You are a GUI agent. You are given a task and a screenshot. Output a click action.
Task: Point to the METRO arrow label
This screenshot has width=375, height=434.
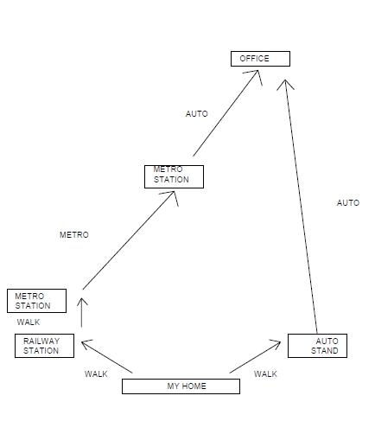[74, 235]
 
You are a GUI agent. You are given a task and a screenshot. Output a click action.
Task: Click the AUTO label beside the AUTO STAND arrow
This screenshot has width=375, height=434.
[348, 203]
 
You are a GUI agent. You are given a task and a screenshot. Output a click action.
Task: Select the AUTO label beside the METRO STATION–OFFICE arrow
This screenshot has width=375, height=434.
[197, 114]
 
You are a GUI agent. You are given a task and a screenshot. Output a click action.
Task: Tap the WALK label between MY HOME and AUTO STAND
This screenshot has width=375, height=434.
[265, 374]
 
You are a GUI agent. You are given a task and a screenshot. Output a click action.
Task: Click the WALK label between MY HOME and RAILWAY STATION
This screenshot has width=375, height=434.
[96, 374]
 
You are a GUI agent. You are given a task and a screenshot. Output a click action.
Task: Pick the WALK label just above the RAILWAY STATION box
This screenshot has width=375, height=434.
[29, 322]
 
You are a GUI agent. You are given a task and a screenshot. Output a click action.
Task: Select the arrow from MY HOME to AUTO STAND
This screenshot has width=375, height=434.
[255, 357]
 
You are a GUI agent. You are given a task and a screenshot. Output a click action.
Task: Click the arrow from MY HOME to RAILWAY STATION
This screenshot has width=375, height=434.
[107, 356]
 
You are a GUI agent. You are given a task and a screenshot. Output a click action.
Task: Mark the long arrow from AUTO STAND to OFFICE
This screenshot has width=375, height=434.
[301, 207]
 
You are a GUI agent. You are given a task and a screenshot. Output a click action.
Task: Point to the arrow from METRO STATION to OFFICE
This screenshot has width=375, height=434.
[226, 113]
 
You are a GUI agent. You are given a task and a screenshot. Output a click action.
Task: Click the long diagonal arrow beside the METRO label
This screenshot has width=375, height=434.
[129, 240]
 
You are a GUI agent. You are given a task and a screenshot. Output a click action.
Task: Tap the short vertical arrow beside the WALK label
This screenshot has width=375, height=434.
[82, 313]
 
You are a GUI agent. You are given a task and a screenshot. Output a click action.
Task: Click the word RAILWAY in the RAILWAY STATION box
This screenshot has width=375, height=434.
[41, 341]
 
